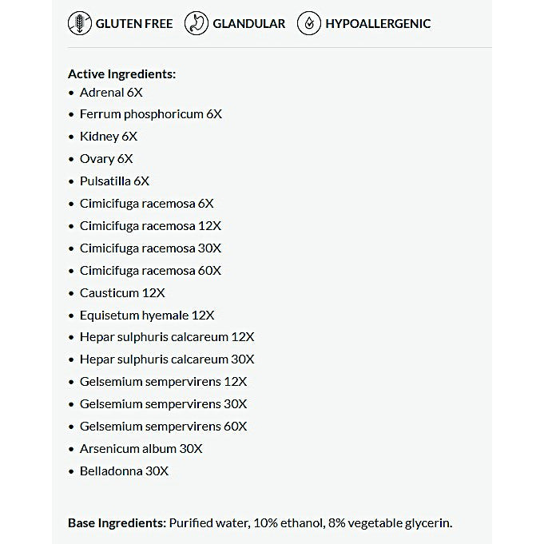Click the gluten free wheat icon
click(80, 23)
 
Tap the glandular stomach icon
click(197, 23)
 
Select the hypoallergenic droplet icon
click(309, 23)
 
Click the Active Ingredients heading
click(121, 73)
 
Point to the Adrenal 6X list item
click(111, 92)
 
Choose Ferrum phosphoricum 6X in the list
click(150, 114)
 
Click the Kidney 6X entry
click(109, 137)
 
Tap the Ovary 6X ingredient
click(106, 159)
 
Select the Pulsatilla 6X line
click(114, 181)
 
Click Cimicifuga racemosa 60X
click(150, 271)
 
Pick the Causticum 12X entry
click(122, 293)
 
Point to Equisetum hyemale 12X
click(147, 316)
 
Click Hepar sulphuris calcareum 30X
click(167, 359)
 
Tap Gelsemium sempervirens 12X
click(163, 382)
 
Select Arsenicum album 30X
click(141, 449)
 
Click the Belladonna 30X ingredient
click(124, 471)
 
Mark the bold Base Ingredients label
click(117, 523)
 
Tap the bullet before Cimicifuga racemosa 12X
click(71, 226)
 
